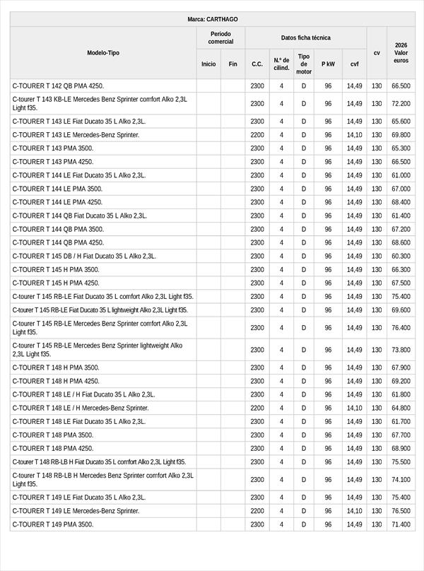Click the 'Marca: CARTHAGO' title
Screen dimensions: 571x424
point(212,20)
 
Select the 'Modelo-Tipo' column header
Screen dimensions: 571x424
point(103,53)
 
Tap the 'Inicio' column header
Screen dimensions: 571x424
point(208,64)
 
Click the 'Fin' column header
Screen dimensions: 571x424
point(232,64)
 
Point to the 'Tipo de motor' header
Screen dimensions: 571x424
point(304,64)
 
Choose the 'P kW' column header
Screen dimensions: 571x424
point(328,64)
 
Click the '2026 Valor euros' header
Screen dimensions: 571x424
point(401,53)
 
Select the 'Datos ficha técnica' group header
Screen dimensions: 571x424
point(305,37)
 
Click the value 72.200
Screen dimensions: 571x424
point(401,104)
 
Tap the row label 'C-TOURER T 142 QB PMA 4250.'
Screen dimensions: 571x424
point(58,86)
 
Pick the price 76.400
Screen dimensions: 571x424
point(401,328)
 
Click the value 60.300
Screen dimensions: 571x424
point(401,257)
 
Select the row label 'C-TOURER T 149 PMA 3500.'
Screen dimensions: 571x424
point(53,524)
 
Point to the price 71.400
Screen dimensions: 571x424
point(401,524)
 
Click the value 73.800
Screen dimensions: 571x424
point(401,350)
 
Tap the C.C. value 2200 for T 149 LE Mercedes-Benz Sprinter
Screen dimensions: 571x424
point(257,511)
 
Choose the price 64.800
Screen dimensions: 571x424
point(401,408)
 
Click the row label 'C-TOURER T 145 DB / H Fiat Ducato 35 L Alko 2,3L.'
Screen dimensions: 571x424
point(84,257)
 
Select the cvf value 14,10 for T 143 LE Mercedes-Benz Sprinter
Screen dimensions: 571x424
point(354,135)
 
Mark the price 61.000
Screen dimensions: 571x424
point(401,175)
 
